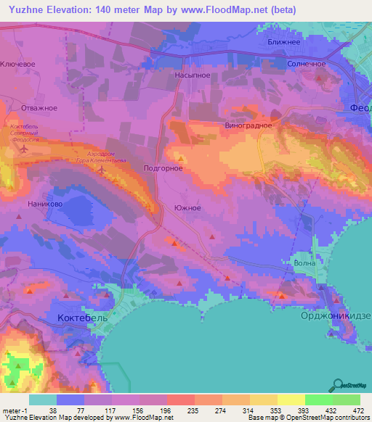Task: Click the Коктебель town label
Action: click(81, 318)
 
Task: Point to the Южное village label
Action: click(187, 207)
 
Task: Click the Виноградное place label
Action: click(248, 125)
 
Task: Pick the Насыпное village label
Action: click(193, 74)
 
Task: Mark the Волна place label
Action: click(304, 263)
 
